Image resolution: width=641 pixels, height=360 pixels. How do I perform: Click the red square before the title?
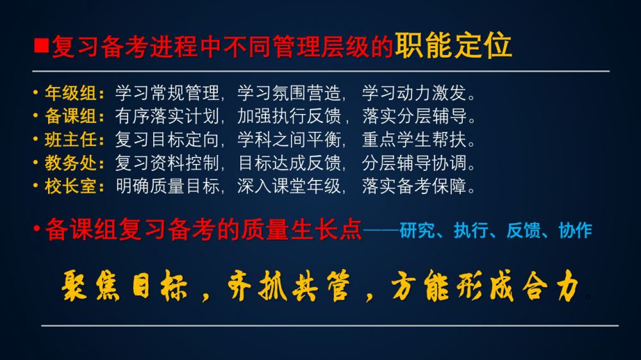point(42,45)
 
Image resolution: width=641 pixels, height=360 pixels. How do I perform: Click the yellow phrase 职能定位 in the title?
point(453,45)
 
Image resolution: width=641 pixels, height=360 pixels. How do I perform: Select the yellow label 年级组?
point(71,93)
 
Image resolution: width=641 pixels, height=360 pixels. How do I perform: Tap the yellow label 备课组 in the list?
point(71,116)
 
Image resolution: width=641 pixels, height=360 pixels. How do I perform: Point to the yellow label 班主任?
point(71,140)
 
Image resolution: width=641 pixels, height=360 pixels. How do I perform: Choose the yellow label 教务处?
point(71,163)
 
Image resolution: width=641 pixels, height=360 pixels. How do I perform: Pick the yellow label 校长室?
point(71,186)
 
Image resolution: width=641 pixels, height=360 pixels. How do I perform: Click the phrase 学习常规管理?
point(167,93)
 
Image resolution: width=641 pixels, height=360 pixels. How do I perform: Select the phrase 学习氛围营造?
point(290,93)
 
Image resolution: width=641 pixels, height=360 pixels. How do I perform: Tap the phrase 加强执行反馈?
point(290,116)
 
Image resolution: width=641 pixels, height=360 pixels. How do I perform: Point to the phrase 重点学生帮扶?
point(414,140)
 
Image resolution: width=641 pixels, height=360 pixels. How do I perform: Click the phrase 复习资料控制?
point(167,163)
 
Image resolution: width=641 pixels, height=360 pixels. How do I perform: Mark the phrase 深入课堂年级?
point(290,186)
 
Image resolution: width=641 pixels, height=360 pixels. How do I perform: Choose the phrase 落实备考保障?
point(414,186)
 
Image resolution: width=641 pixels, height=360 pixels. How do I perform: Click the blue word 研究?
point(417,230)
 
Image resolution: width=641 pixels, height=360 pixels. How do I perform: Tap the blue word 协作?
point(575,230)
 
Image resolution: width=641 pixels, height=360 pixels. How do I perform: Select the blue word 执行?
point(470,230)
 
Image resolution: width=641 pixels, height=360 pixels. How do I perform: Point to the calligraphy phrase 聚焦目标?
point(125,286)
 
